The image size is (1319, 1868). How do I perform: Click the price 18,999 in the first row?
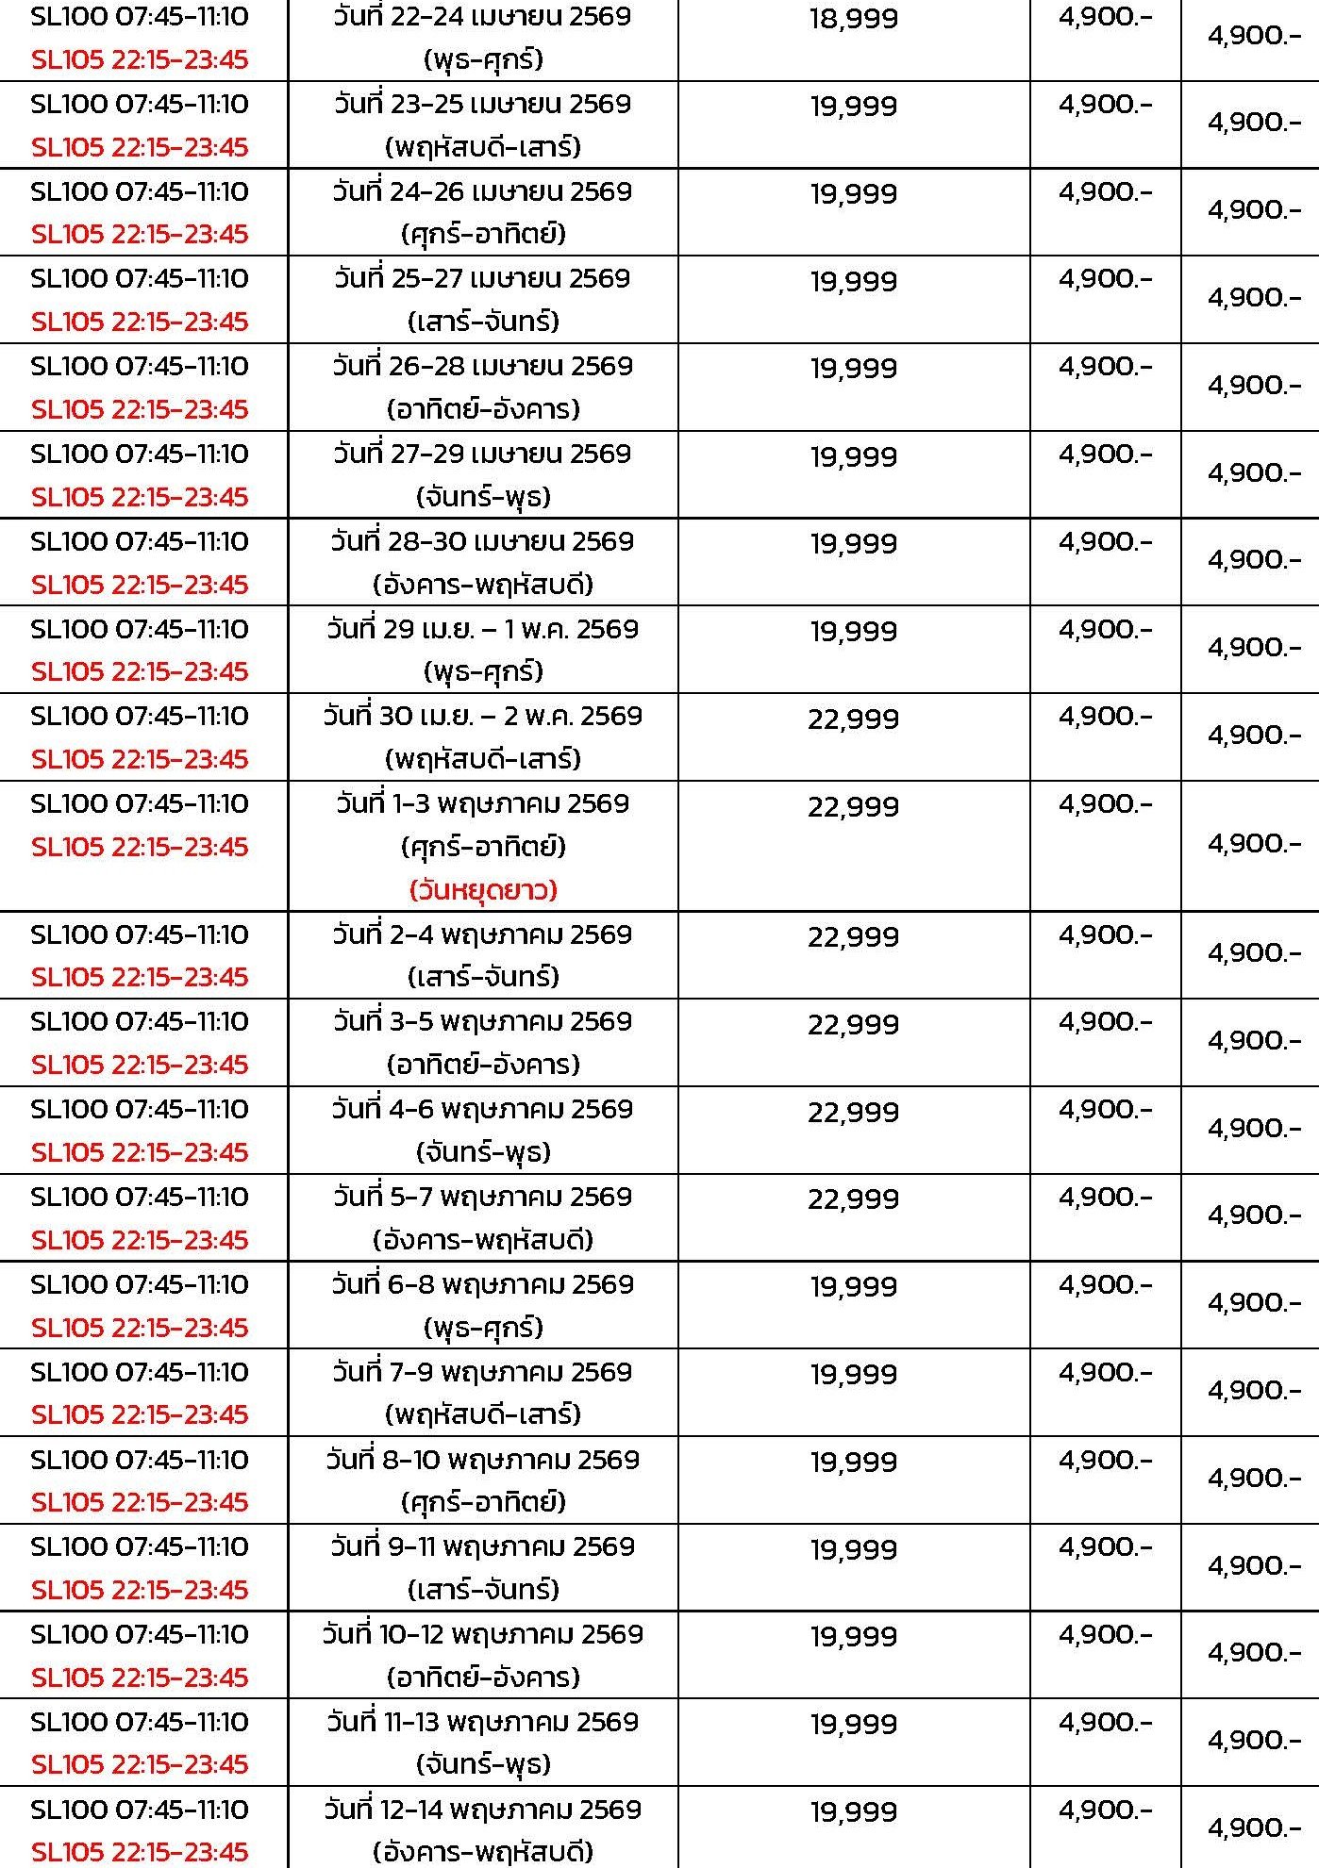pos(853,19)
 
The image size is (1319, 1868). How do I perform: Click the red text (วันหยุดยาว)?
pos(483,889)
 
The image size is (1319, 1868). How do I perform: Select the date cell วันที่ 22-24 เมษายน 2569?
pos(482,17)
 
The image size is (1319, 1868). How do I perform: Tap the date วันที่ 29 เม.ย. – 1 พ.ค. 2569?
pos(482,629)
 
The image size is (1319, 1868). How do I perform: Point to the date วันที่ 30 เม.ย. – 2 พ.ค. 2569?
pos(482,717)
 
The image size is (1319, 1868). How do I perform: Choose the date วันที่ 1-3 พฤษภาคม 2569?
pos(482,804)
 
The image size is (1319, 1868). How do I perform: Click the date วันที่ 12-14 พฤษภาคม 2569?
pos(482,1810)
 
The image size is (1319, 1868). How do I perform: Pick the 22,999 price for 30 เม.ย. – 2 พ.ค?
pos(853,719)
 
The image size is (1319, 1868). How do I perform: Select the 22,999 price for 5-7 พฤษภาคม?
pos(853,1199)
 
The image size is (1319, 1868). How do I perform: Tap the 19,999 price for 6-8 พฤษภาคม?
pos(853,1287)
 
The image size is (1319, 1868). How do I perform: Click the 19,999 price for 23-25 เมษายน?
pos(853,107)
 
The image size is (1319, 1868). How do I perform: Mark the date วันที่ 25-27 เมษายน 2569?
pos(482,279)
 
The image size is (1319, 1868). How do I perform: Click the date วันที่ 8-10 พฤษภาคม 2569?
pos(482,1460)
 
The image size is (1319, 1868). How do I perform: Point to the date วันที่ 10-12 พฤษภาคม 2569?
pos(482,1634)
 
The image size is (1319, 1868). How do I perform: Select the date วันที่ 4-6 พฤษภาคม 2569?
pos(482,1109)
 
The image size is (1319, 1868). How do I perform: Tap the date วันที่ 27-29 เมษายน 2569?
pos(482,455)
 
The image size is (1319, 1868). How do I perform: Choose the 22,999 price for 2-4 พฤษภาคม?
pos(853,937)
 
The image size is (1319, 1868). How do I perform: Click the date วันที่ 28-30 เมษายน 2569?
pos(482,542)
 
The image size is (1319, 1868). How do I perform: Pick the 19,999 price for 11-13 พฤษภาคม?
pos(853,1725)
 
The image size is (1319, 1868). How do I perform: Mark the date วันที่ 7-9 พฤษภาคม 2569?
pos(482,1372)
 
